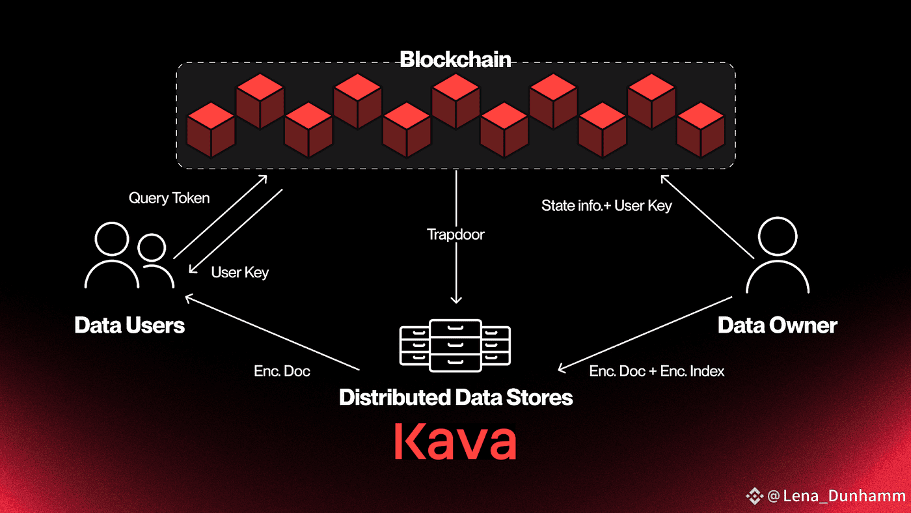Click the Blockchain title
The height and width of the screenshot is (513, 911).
click(455, 59)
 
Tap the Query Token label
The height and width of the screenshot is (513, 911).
click(169, 198)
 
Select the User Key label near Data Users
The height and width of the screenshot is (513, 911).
click(240, 272)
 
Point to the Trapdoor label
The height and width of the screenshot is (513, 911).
click(455, 234)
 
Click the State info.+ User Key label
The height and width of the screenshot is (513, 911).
click(606, 206)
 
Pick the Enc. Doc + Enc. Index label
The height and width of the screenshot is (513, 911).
click(657, 371)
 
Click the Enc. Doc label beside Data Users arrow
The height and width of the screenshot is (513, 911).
click(282, 371)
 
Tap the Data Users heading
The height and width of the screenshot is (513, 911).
click(129, 326)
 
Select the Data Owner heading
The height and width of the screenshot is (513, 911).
click(777, 326)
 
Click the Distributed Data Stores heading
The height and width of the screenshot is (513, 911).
click(456, 397)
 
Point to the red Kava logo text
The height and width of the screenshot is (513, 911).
click(455, 441)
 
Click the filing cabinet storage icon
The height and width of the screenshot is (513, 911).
click(455, 346)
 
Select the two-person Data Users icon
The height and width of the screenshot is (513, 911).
click(129, 255)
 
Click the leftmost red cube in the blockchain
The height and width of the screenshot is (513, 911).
click(211, 130)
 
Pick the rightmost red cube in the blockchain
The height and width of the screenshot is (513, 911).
click(700, 130)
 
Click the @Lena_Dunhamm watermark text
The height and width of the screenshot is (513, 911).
click(836, 496)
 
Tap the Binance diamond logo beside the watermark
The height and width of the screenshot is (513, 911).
click(754, 496)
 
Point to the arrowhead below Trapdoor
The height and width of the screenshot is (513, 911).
click(456, 300)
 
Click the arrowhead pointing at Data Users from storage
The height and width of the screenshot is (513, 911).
click(189, 299)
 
